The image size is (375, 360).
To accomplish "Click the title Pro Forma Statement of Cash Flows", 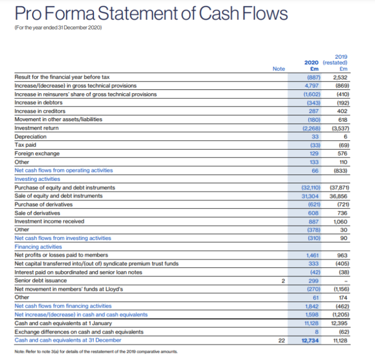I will (151, 14).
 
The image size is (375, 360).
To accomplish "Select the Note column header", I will (279, 69).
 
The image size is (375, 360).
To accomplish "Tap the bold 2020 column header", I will (312, 63).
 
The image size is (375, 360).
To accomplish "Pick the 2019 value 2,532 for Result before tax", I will (339, 77).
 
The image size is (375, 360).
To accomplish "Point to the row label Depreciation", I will (31, 136).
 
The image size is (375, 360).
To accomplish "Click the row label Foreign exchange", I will (37, 153).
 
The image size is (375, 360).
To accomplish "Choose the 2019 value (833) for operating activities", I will (339, 170).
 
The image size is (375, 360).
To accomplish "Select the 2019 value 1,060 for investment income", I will (339, 221).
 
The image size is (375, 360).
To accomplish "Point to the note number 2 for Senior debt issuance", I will (282, 280).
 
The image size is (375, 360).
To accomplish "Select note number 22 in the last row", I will (281, 340).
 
